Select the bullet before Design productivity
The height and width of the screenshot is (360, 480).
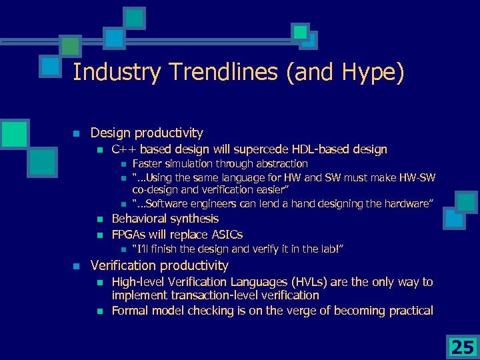pos(77,133)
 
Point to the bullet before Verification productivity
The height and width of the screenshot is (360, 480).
pos(77,266)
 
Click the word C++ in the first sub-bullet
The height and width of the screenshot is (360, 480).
pos(124,149)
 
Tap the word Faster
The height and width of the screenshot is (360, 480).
pos(148,163)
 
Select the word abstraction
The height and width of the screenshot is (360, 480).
pos(279,163)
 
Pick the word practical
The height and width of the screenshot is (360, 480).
pos(409,311)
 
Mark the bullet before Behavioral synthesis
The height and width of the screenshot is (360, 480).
pos(99,219)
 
